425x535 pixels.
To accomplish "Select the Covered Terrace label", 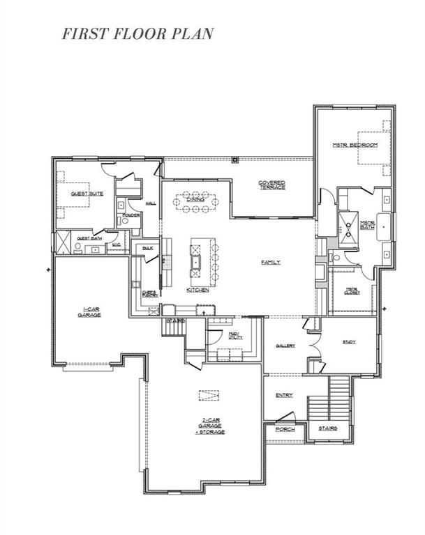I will [x=271, y=186].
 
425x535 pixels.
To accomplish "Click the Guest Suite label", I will [x=87, y=194].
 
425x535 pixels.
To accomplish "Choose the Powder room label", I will [x=131, y=215].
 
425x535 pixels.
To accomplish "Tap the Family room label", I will [x=271, y=263].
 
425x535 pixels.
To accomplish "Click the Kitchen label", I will [x=197, y=290].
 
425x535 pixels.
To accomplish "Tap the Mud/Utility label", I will [x=234, y=336].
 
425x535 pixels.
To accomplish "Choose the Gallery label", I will [x=285, y=346].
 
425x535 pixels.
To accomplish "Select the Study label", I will [x=349, y=341].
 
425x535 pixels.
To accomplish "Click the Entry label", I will [x=284, y=395].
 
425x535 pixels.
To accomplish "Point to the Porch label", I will [x=284, y=429].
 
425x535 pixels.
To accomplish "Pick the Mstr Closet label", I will [x=352, y=291].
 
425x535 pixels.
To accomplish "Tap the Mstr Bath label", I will [x=368, y=225].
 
